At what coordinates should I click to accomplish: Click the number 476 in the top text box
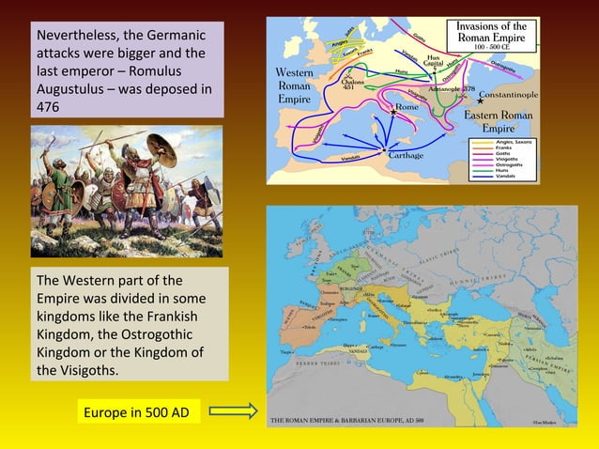pos(48,107)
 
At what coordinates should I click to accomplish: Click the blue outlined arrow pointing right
pos(233,411)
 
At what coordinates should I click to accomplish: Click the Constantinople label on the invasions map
pos(508,95)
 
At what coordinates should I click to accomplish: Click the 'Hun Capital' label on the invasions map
pos(433,60)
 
